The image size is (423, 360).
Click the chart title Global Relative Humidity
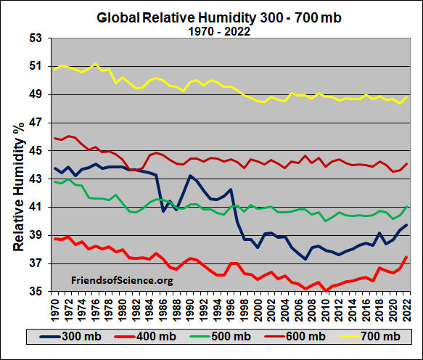tap(212, 17)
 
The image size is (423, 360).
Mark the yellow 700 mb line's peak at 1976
tap(95, 64)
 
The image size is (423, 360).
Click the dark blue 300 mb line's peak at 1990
tap(189, 176)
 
